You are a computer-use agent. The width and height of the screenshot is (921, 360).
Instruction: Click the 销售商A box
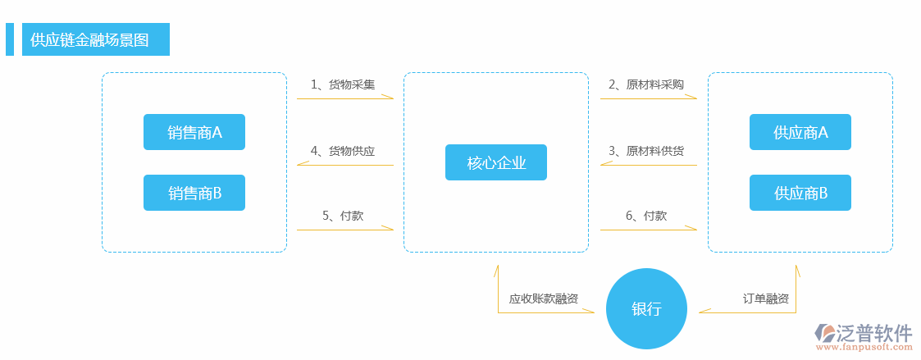click(194, 132)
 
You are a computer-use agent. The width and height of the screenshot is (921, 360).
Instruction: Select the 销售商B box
click(194, 194)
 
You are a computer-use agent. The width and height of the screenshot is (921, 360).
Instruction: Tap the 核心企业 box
click(495, 162)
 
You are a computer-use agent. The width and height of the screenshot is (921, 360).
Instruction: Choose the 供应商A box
click(800, 132)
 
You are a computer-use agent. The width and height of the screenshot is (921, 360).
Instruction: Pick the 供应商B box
click(800, 194)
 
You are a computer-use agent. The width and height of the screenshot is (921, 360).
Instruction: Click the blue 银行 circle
click(646, 309)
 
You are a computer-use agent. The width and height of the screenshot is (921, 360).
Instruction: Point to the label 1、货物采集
click(343, 84)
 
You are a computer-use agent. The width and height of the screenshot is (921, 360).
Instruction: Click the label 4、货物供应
click(343, 151)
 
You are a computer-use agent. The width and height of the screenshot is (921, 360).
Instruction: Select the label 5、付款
click(343, 216)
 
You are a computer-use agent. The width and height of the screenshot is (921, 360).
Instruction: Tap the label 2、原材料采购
click(645, 84)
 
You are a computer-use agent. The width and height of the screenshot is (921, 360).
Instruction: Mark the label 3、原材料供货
click(645, 151)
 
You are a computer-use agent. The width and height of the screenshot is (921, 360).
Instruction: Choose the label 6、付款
click(645, 216)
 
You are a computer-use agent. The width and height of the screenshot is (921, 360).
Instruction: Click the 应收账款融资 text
click(543, 298)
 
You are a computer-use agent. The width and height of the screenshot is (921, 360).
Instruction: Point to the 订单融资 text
click(766, 298)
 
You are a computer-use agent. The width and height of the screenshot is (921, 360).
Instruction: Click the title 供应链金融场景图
click(89, 39)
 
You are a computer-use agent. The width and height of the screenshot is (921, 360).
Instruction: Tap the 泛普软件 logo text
click(873, 332)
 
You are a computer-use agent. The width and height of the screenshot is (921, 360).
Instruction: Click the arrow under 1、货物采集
click(344, 98)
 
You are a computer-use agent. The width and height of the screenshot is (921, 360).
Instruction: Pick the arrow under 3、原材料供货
click(648, 165)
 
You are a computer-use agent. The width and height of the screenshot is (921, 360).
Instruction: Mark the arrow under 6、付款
click(648, 230)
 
